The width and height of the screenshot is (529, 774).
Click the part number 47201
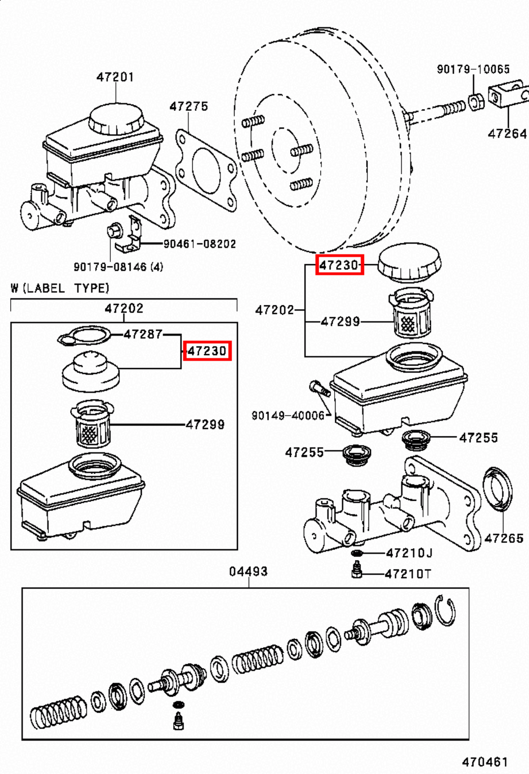(115, 77)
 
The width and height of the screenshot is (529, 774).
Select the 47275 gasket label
(189, 106)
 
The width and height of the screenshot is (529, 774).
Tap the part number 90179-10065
(473, 69)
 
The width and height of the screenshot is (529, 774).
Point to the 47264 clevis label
(507, 134)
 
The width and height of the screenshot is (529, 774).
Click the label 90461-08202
(199, 244)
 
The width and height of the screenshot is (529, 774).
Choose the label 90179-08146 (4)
(118, 267)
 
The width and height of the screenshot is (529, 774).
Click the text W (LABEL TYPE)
(60, 288)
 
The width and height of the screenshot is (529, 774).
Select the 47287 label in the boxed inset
(143, 334)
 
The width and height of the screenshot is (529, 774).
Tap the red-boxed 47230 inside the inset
(207, 351)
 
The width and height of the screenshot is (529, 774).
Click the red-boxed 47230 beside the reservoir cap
(339, 265)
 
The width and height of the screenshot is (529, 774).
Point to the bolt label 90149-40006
(288, 416)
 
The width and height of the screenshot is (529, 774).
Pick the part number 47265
(504, 538)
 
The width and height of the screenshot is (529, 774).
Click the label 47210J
(409, 553)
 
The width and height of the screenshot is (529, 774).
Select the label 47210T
(408, 574)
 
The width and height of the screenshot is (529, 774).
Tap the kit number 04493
(248, 571)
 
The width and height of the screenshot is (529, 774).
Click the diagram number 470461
(485, 762)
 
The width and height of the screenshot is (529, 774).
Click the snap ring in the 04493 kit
(445, 610)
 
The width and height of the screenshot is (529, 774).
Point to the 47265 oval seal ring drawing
(498, 488)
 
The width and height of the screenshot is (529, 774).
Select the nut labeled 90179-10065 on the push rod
(476, 102)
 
